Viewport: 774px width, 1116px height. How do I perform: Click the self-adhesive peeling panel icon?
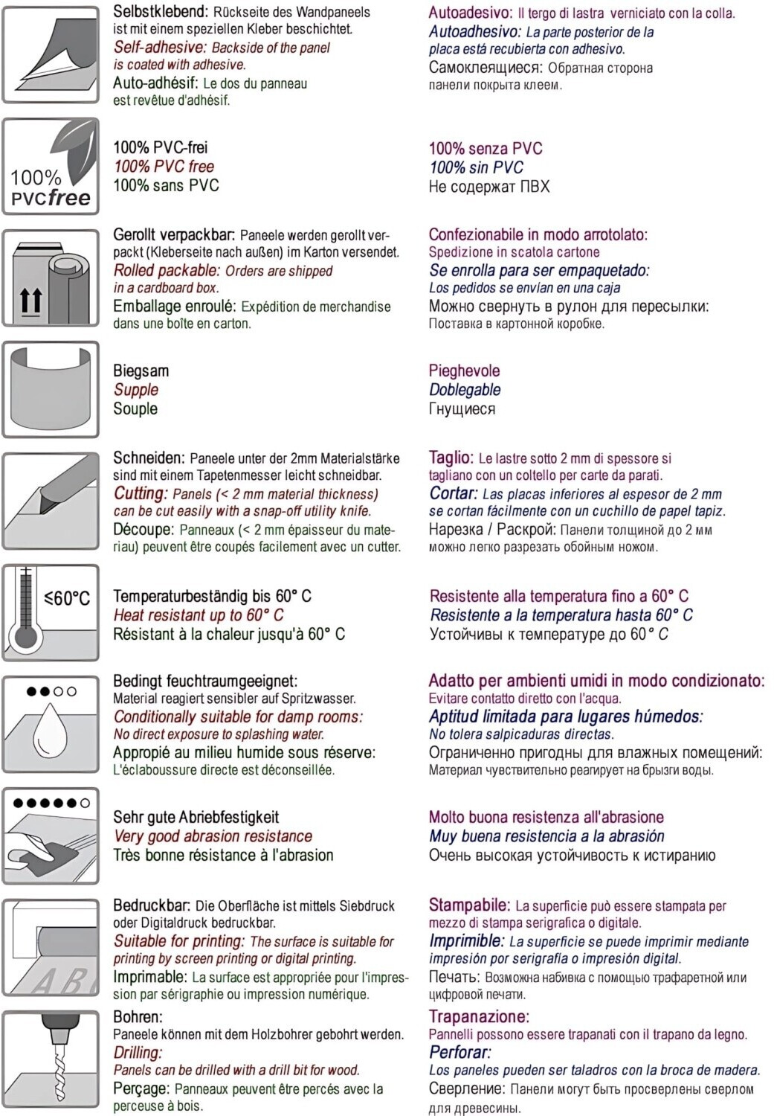point(51,54)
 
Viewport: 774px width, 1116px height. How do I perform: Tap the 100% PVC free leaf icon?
point(51,167)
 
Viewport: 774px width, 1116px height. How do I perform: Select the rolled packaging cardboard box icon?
point(51,278)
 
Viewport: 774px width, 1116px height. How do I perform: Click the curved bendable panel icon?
point(51,389)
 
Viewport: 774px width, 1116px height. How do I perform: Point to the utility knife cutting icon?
point(51,501)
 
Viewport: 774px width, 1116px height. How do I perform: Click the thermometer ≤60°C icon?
point(51,612)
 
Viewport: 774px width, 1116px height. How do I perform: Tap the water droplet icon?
point(51,724)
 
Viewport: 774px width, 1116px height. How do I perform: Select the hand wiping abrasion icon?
point(51,836)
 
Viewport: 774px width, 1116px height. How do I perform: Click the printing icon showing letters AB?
point(51,947)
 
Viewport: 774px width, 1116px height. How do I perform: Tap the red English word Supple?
point(136,390)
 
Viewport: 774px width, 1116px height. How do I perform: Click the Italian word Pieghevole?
point(464,371)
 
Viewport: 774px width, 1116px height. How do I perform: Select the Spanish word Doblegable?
point(465,390)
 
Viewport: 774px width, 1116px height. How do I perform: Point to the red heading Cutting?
point(141,493)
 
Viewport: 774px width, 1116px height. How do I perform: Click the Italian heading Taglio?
point(451,458)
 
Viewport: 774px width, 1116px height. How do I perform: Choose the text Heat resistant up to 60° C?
point(199,615)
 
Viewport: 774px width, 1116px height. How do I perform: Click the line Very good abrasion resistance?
point(213,836)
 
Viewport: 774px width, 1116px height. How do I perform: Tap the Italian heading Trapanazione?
point(479,1016)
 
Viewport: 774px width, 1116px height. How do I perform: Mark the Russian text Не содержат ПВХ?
point(489,187)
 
